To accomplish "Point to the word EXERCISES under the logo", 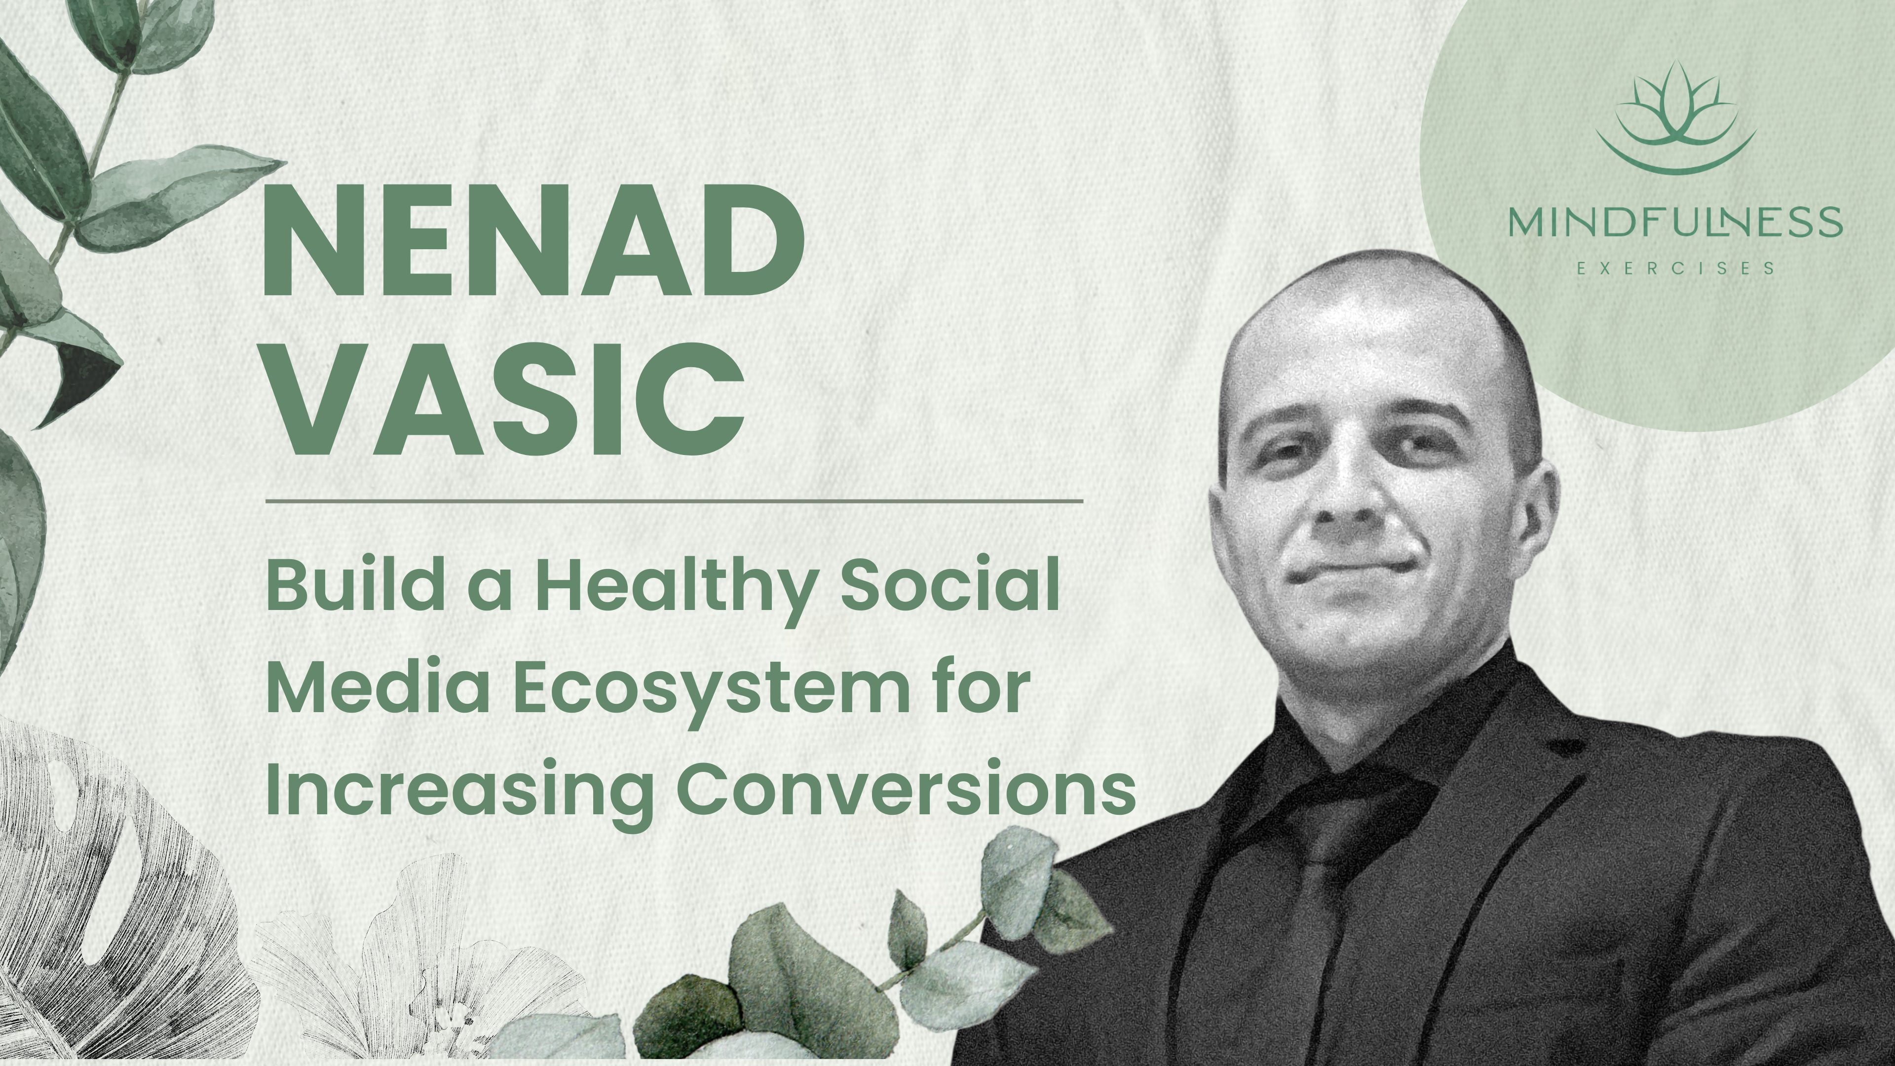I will point(1675,268).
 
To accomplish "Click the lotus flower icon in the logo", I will point(1675,118).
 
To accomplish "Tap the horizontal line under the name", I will point(673,501).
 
